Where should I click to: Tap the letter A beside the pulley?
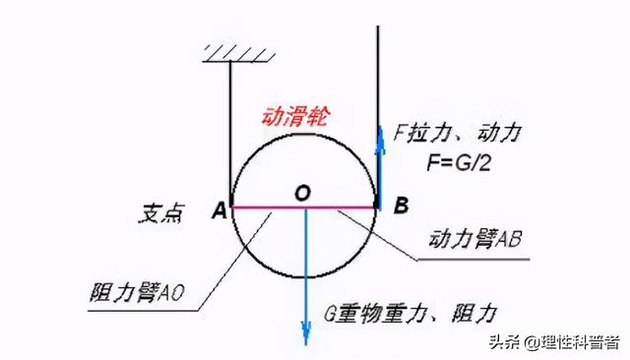tap(217, 209)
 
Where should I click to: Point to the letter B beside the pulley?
tap(401, 207)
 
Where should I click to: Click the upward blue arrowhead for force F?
tap(379, 130)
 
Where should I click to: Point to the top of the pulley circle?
tap(305, 134)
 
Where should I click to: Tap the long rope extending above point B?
tap(379, 59)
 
